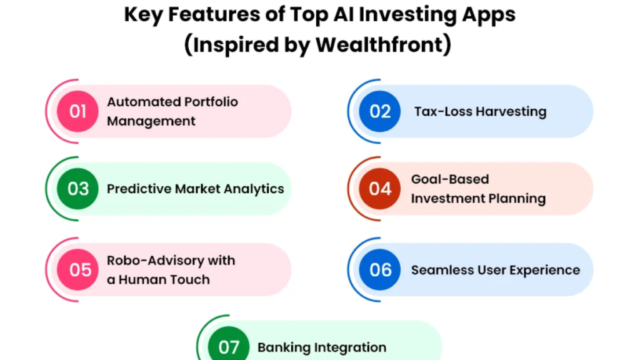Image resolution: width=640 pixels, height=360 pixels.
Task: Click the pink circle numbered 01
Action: (77, 111)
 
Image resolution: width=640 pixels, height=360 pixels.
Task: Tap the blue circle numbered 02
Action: (379, 111)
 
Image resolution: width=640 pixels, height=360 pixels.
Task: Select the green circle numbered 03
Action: (77, 189)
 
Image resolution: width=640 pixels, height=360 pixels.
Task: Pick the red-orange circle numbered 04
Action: (379, 189)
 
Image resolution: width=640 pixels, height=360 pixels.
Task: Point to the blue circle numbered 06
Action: (379, 269)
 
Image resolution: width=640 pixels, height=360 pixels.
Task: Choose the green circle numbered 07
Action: (229, 347)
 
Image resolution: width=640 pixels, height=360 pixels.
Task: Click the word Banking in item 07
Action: (283, 347)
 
